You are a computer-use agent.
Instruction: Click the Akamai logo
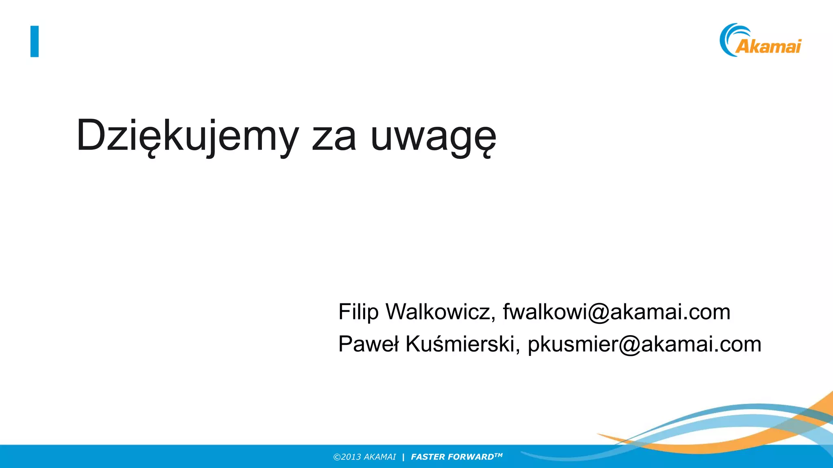760,41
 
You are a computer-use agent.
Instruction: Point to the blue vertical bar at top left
35,41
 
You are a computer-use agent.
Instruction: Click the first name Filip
358,312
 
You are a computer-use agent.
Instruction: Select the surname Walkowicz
440,312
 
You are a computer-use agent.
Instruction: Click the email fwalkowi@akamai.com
617,312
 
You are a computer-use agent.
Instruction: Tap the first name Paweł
369,344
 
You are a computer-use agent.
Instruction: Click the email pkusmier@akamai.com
644,344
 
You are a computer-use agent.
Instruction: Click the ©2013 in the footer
347,457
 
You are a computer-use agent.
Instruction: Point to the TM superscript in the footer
499,455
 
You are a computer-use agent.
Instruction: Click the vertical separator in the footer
403,457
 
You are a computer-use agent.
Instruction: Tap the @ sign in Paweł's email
630,345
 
